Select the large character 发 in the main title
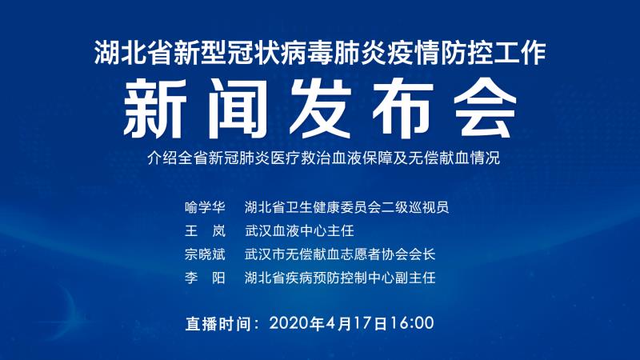click(321, 108)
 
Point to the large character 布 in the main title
click(402, 108)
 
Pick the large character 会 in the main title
click(486, 108)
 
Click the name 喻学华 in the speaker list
click(205, 207)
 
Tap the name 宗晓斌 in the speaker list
click(205, 254)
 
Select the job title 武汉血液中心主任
click(299, 231)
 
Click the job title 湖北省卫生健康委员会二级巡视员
click(347, 207)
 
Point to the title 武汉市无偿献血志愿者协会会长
click(340, 254)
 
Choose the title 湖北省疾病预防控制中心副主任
click(340, 278)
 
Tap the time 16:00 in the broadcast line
click(411, 323)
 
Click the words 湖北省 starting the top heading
click(133, 52)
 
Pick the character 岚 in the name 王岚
click(218, 231)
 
